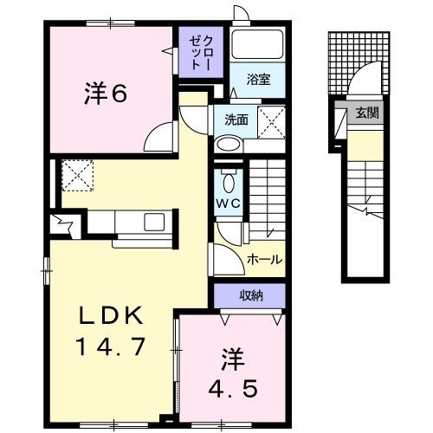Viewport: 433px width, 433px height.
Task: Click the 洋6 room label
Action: (108, 92)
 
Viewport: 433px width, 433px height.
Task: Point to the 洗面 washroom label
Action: (236, 120)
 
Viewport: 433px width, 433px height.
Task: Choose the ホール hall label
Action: (264, 258)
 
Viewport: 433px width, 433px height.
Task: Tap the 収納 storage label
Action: (250, 296)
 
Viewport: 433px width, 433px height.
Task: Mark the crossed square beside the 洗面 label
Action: (274, 122)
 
